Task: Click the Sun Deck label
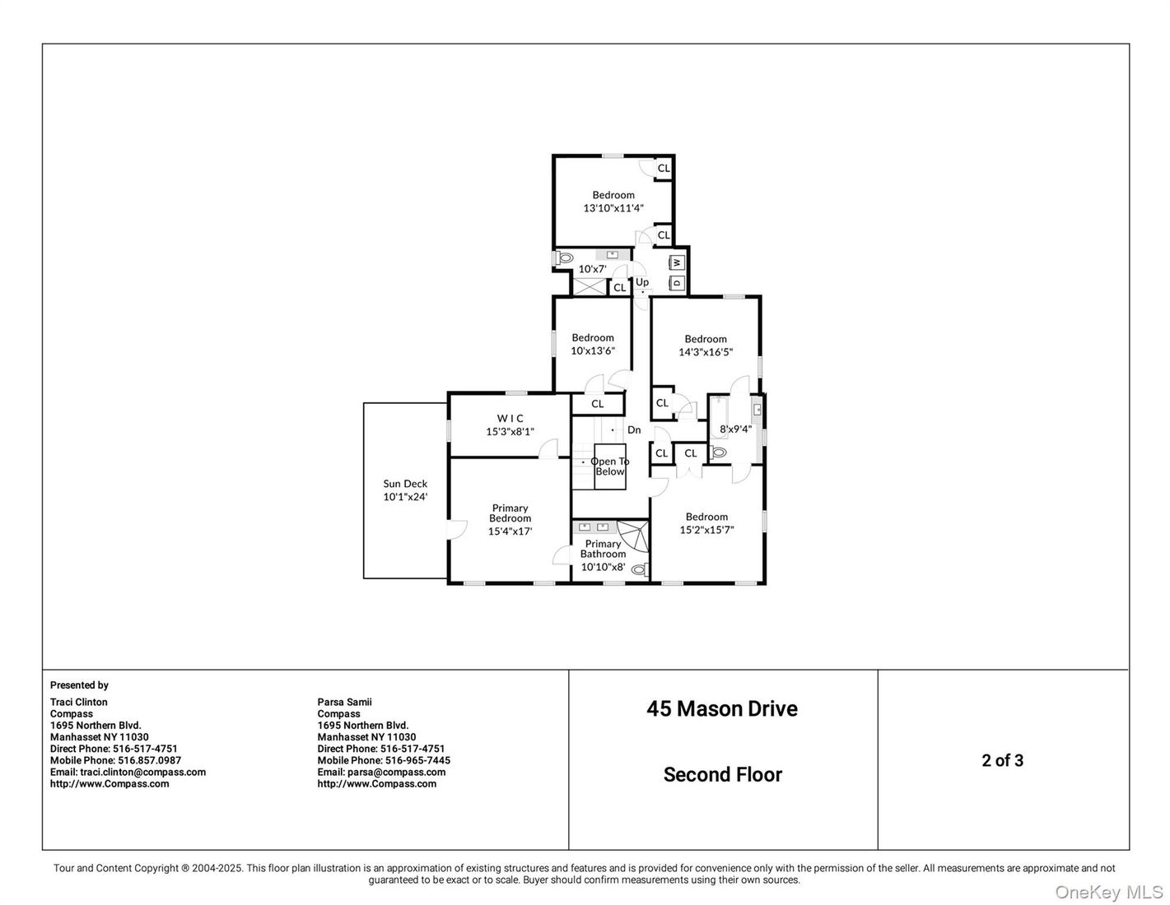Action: (405, 483)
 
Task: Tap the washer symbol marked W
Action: (678, 262)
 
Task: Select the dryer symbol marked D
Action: (678, 282)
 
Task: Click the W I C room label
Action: (510, 418)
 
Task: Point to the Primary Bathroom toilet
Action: (640, 569)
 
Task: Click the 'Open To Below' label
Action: (609, 466)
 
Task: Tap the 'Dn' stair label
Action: (634, 429)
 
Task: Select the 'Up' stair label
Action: (641, 281)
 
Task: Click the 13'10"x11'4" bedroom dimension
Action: (613, 207)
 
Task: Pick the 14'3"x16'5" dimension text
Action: (706, 352)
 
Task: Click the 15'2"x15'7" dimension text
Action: (706, 530)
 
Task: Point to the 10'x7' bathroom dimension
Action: (592, 268)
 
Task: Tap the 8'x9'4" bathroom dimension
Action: (735, 429)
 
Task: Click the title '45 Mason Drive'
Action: (722, 708)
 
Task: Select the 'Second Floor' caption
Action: (723, 774)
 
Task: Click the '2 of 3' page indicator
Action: (1002, 760)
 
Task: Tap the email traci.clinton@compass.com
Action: (142, 772)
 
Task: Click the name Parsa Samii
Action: (345, 702)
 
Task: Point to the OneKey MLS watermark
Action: (1109, 892)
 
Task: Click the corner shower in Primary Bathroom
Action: (633, 537)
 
